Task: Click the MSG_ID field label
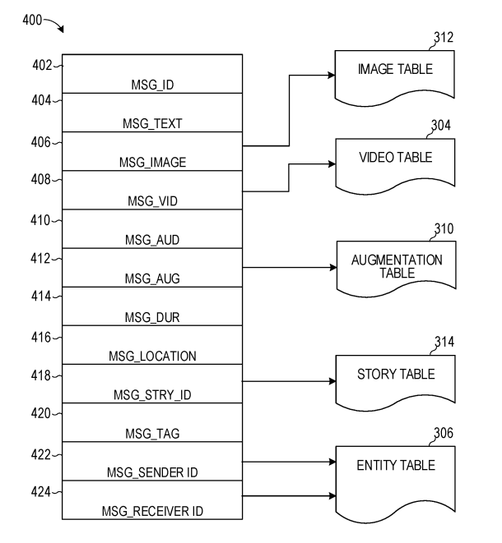[152, 84]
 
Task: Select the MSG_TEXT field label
[152, 123]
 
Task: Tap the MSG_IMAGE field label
[152, 163]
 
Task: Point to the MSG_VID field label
[152, 201]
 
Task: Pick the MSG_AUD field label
[152, 240]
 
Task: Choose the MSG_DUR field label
[152, 317]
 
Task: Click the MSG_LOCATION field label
[152, 357]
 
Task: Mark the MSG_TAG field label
[152, 434]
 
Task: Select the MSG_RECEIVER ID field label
[152, 512]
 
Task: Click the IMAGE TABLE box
[395, 72]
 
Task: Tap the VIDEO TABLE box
[395, 160]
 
